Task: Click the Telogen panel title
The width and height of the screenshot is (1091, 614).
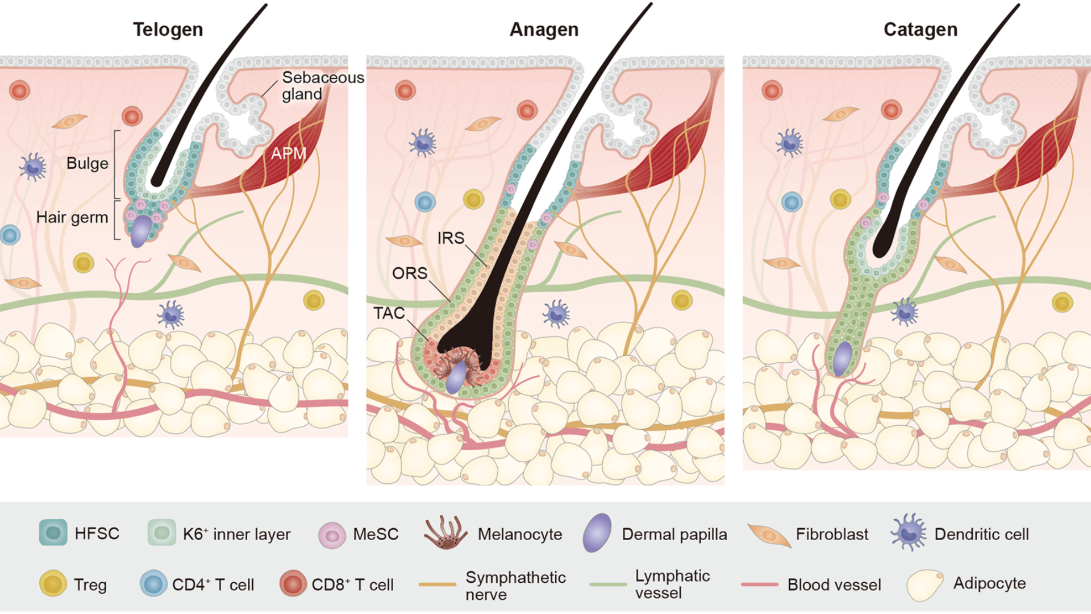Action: click(168, 30)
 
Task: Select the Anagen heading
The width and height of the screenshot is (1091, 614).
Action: click(544, 30)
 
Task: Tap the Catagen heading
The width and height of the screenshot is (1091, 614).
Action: click(920, 30)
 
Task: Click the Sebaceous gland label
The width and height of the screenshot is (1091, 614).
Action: click(322, 85)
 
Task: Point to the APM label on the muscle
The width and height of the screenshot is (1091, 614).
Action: click(288, 153)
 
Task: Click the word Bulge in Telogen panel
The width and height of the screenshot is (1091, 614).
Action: click(87, 164)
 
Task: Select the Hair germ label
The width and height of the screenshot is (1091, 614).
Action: click(72, 217)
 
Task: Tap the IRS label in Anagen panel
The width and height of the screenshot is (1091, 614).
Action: click(451, 238)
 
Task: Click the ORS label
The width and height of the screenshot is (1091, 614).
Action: click(410, 273)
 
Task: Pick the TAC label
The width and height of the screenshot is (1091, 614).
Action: click(389, 313)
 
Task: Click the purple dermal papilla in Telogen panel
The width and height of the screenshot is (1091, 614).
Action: click(141, 231)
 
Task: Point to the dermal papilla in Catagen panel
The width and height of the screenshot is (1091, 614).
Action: click(842, 358)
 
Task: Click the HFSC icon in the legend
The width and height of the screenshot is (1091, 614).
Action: click(53, 533)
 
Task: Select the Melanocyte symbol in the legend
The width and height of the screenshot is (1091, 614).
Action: click(445, 533)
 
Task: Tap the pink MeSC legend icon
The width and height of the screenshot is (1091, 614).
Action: click(332, 535)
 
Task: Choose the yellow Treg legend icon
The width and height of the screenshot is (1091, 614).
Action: click(53, 584)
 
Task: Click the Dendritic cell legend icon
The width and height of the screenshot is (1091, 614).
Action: click(908, 533)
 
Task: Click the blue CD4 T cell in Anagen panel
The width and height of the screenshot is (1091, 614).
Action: click(425, 202)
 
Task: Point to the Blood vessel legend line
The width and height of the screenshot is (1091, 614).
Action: click(760, 584)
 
